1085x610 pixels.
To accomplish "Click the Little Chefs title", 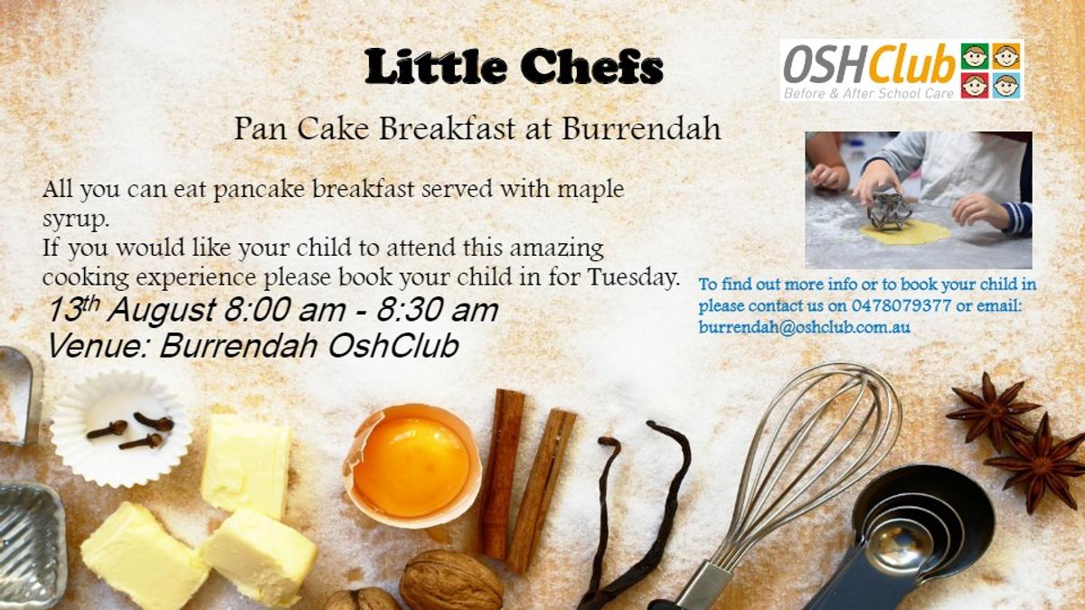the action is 514,67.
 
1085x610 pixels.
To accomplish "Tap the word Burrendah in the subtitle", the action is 641,128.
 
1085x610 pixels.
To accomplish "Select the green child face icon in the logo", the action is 975,57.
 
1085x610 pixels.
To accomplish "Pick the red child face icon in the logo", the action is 975,86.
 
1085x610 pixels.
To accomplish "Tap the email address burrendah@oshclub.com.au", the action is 804,327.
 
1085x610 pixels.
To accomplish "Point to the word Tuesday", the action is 632,277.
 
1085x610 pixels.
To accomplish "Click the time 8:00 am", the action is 284,310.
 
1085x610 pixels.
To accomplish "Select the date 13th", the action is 73,309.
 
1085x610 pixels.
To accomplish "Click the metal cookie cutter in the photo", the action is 890,211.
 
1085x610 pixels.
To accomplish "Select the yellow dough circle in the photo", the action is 905,233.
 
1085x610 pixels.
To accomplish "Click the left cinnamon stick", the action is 502,474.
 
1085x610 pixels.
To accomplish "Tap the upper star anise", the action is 993,412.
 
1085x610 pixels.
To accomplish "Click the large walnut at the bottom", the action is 450,580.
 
